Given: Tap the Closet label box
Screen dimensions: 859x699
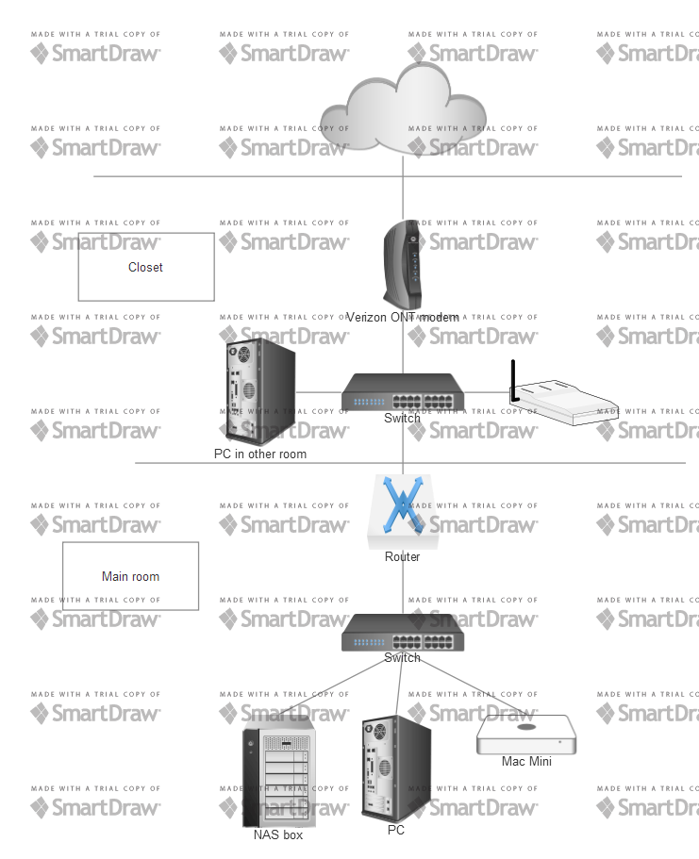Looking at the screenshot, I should pos(146,267).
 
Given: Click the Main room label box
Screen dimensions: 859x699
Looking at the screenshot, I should pos(130,575).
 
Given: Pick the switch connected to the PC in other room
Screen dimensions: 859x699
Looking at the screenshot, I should pos(403,391).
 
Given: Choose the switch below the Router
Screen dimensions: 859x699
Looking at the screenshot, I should pos(403,631).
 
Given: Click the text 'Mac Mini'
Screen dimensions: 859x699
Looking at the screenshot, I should pos(525,761).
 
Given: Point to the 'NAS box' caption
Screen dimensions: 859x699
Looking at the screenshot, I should pos(278,834).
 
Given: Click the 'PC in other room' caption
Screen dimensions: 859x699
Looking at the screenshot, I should pos(259,454).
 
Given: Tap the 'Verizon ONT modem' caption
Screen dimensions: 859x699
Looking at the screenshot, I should pos(403,317).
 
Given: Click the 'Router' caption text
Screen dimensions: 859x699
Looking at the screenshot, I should pos(403,556).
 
